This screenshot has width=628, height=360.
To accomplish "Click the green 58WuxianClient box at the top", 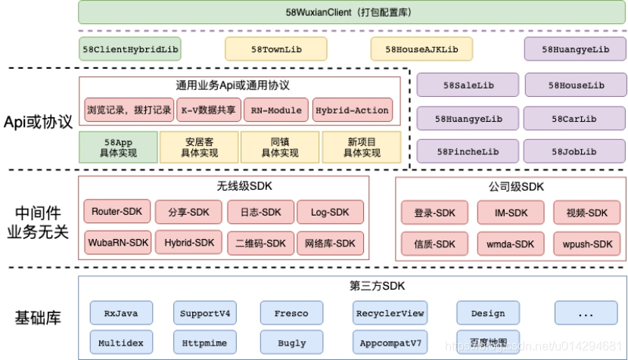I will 351,12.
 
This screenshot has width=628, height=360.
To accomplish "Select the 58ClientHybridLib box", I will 130,49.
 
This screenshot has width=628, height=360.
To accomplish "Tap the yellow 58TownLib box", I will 276,49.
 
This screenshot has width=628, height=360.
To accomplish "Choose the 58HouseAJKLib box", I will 421,49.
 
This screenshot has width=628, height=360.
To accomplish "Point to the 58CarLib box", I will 574,119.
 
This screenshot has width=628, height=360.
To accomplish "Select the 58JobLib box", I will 574,152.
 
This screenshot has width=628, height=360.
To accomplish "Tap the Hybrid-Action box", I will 352,110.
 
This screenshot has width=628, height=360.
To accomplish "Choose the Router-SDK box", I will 117,213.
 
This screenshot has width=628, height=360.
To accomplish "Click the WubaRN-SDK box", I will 117,243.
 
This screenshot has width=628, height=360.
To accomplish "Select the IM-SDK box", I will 511,213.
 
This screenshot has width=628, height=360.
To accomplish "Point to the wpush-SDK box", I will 587,244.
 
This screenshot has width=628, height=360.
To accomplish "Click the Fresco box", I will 291,313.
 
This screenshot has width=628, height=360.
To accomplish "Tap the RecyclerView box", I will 390,313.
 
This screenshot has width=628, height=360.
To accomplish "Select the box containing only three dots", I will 586,313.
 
